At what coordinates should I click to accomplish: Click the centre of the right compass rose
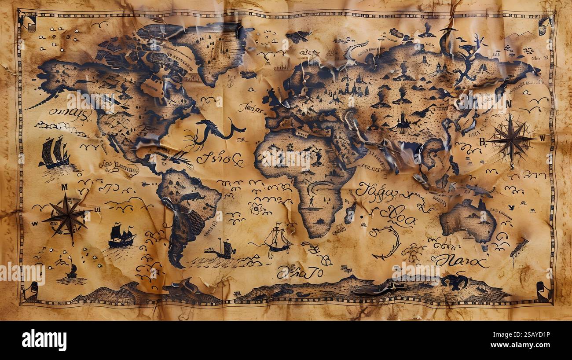(511, 139)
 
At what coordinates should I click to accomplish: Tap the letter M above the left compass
(64, 187)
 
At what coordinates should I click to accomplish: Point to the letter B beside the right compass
(482, 142)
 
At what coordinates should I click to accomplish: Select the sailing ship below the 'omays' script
(54, 153)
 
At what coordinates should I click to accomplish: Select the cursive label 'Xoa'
(397, 215)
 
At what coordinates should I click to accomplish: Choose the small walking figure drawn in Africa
(311, 202)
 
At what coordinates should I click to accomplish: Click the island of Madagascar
(350, 212)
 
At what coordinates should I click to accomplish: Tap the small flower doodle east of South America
(255, 208)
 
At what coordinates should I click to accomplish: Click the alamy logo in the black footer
(44, 340)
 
